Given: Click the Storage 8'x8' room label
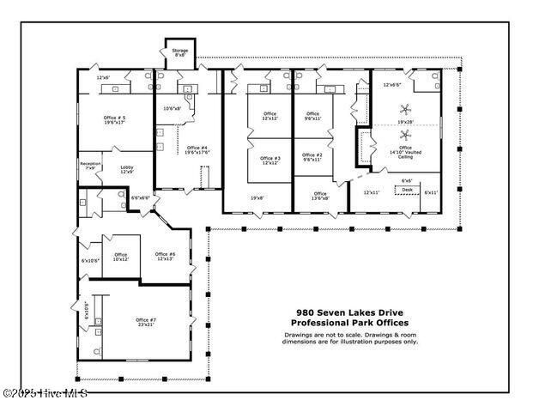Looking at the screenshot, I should (x=180, y=53).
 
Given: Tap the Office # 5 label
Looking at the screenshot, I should (x=113, y=120).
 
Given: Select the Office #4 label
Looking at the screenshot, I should (x=197, y=149).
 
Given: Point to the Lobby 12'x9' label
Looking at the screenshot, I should (x=127, y=169).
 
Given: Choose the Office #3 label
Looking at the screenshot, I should (x=270, y=160).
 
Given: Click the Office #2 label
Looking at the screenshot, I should (x=312, y=157).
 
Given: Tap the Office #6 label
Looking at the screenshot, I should (x=166, y=256).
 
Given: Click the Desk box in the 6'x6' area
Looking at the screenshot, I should (x=407, y=190).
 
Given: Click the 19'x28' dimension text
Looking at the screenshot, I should (x=404, y=123).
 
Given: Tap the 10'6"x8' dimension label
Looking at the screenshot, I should (x=173, y=108).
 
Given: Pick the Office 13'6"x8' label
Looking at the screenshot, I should (x=319, y=196).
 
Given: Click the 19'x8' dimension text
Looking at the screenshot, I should (x=257, y=198).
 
